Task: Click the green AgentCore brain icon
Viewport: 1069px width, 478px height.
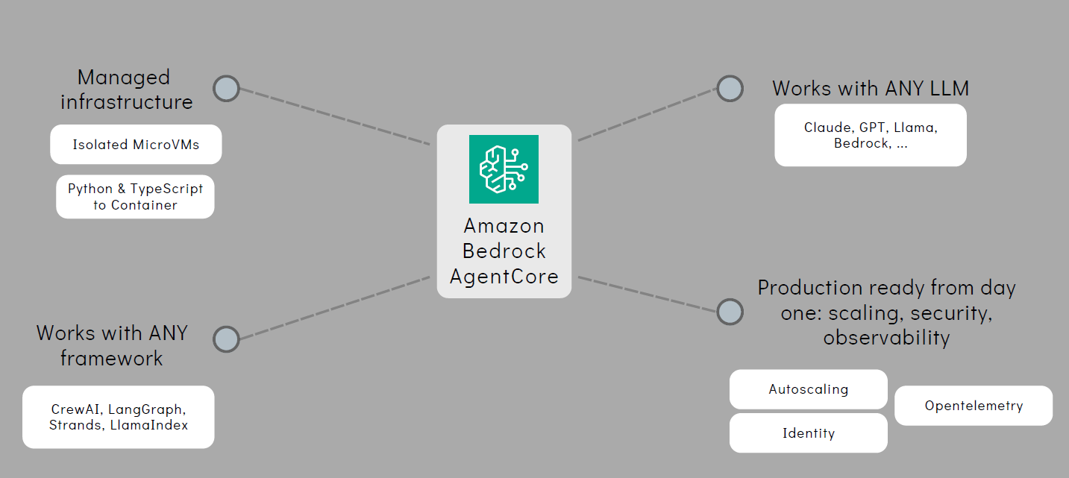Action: (x=504, y=169)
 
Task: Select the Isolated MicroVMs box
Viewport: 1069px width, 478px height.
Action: (x=136, y=145)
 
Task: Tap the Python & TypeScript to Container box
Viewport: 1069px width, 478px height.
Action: (x=135, y=197)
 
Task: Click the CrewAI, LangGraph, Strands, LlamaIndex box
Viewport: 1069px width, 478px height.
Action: (x=119, y=417)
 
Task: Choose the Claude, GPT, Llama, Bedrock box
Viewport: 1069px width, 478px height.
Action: (x=871, y=135)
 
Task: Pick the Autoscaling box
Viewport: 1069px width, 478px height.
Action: (x=809, y=389)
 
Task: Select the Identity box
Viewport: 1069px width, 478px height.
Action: (x=809, y=433)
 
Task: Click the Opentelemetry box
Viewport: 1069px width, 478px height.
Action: (x=974, y=406)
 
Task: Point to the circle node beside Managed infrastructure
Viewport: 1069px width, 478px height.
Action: (x=226, y=89)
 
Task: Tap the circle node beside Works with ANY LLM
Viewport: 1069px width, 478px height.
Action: (x=730, y=89)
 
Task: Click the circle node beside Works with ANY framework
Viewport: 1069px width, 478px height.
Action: (x=226, y=339)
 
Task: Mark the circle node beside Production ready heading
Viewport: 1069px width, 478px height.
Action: (x=730, y=312)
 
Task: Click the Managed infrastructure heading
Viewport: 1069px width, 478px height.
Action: (x=127, y=89)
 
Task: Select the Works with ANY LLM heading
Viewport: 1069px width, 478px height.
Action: (x=871, y=88)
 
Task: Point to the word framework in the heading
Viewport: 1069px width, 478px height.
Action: (x=112, y=358)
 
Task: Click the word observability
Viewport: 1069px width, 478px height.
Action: (x=887, y=338)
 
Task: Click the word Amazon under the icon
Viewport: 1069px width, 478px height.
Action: (x=504, y=226)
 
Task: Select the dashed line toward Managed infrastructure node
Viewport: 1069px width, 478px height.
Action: (x=334, y=116)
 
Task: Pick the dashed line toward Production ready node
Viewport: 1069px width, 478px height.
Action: (x=647, y=295)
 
